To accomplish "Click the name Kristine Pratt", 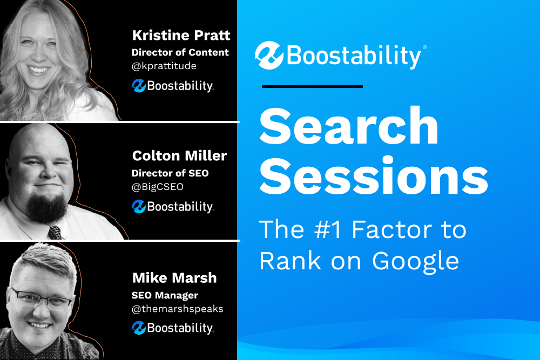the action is pyautogui.click(x=181, y=35).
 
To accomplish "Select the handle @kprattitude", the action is pyautogui.click(x=164, y=66).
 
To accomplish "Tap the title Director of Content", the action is pyautogui.click(x=180, y=52).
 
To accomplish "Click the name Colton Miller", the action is pyautogui.click(x=179, y=156).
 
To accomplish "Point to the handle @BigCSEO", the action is pyautogui.click(x=157, y=187).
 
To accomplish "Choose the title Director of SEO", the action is pyautogui.click(x=170, y=173).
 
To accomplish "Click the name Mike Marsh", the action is pyautogui.click(x=174, y=278).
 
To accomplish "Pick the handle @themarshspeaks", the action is pyautogui.click(x=177, y=309).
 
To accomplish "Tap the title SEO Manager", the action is pyautogui.click(x=165, y=295).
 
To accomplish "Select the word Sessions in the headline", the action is pyautogui.click(x=374, y=176).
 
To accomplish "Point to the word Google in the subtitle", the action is pyautogui.click(x=416, y=262).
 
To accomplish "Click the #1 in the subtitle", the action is pyautogui.click(x=328, y=229).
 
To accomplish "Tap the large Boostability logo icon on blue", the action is pyautogui.click(x=269, y=56).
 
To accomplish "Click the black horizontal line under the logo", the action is pyautogui.click(x=312, y=87).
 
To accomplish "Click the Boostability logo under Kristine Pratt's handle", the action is pyautogui.click(x=173, y=86).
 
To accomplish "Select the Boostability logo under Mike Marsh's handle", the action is pyautogui.click(x=173, y=328).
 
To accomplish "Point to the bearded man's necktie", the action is pyautogui.click(x=55, y=233).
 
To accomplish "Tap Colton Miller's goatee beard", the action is pyautogui.click(x=47, y=207).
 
